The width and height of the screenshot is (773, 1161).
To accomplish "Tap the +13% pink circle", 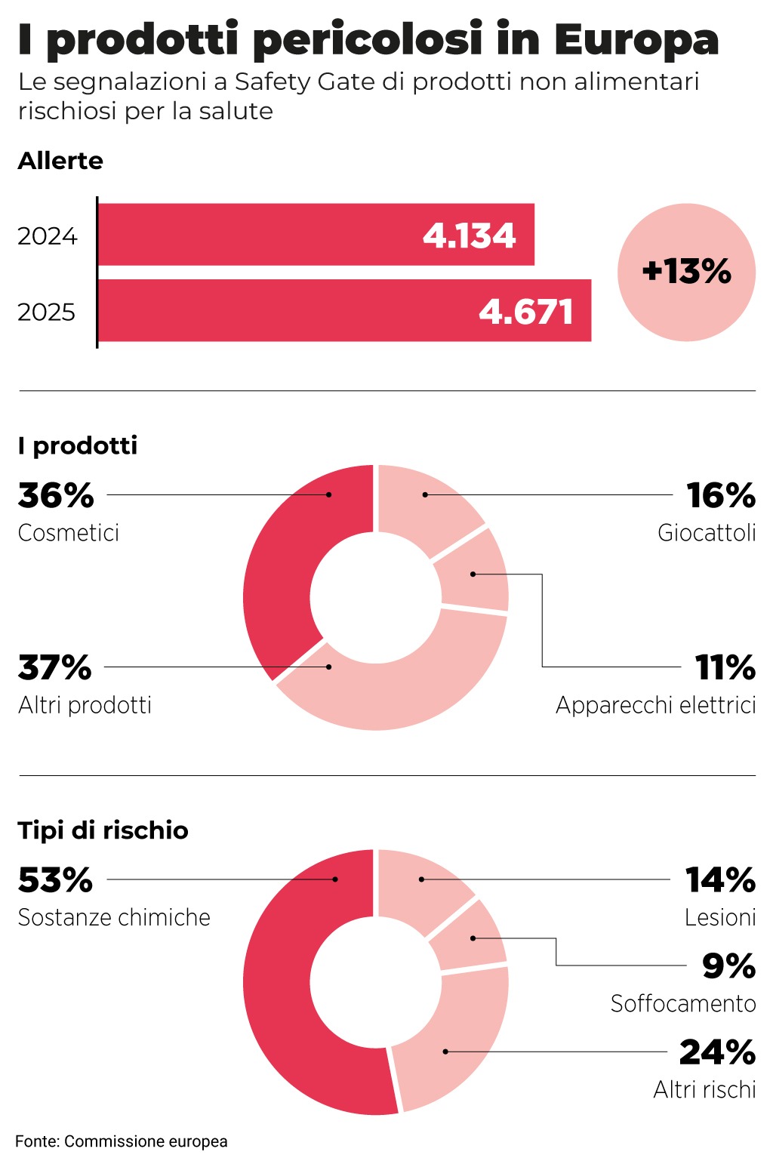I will pos(686,272).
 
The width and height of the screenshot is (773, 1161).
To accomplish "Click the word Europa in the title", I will pos(636,39).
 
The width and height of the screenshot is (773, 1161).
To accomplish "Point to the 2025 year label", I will pos(47,312).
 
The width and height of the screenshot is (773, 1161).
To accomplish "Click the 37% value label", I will pos(54,668).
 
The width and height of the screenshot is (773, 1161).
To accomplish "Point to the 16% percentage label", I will pos(721,496).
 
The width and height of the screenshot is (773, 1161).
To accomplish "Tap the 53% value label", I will pos(55,880).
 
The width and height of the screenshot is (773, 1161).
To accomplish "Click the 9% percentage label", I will pos(728,966).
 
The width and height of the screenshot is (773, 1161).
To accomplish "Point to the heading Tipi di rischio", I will pos(103,830).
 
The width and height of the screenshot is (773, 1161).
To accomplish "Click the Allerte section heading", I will pos(60,161).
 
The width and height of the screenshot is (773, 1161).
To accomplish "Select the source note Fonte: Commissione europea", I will pos(122,1141).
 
